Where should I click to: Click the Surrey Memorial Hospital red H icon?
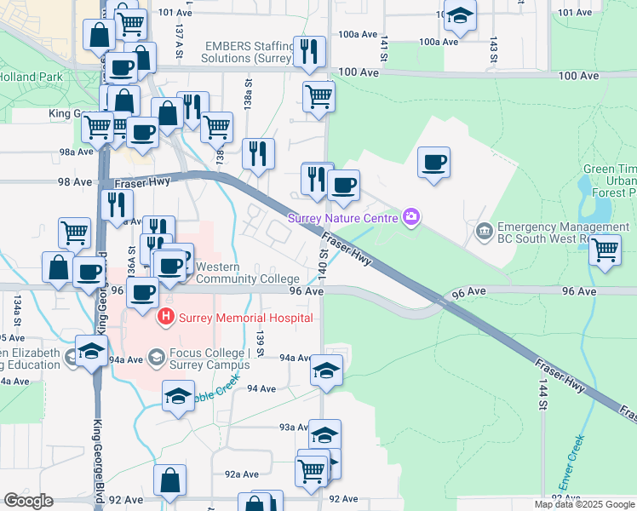(x=165, y=318)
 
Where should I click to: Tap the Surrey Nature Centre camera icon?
(x=411, y=217)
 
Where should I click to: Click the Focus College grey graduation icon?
(x=155, y=356)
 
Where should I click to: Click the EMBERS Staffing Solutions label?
(x=247, y=52)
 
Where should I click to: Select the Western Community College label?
(x=247, y=273)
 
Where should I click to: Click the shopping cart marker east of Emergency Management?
(x=605, y=250)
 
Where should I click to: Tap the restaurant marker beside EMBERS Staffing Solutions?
(x=308, y=50)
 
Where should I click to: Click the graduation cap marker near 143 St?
(x=461, y=16)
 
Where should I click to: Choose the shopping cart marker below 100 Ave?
(x=318, y=95)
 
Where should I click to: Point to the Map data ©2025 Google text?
(x=582, y=504)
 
